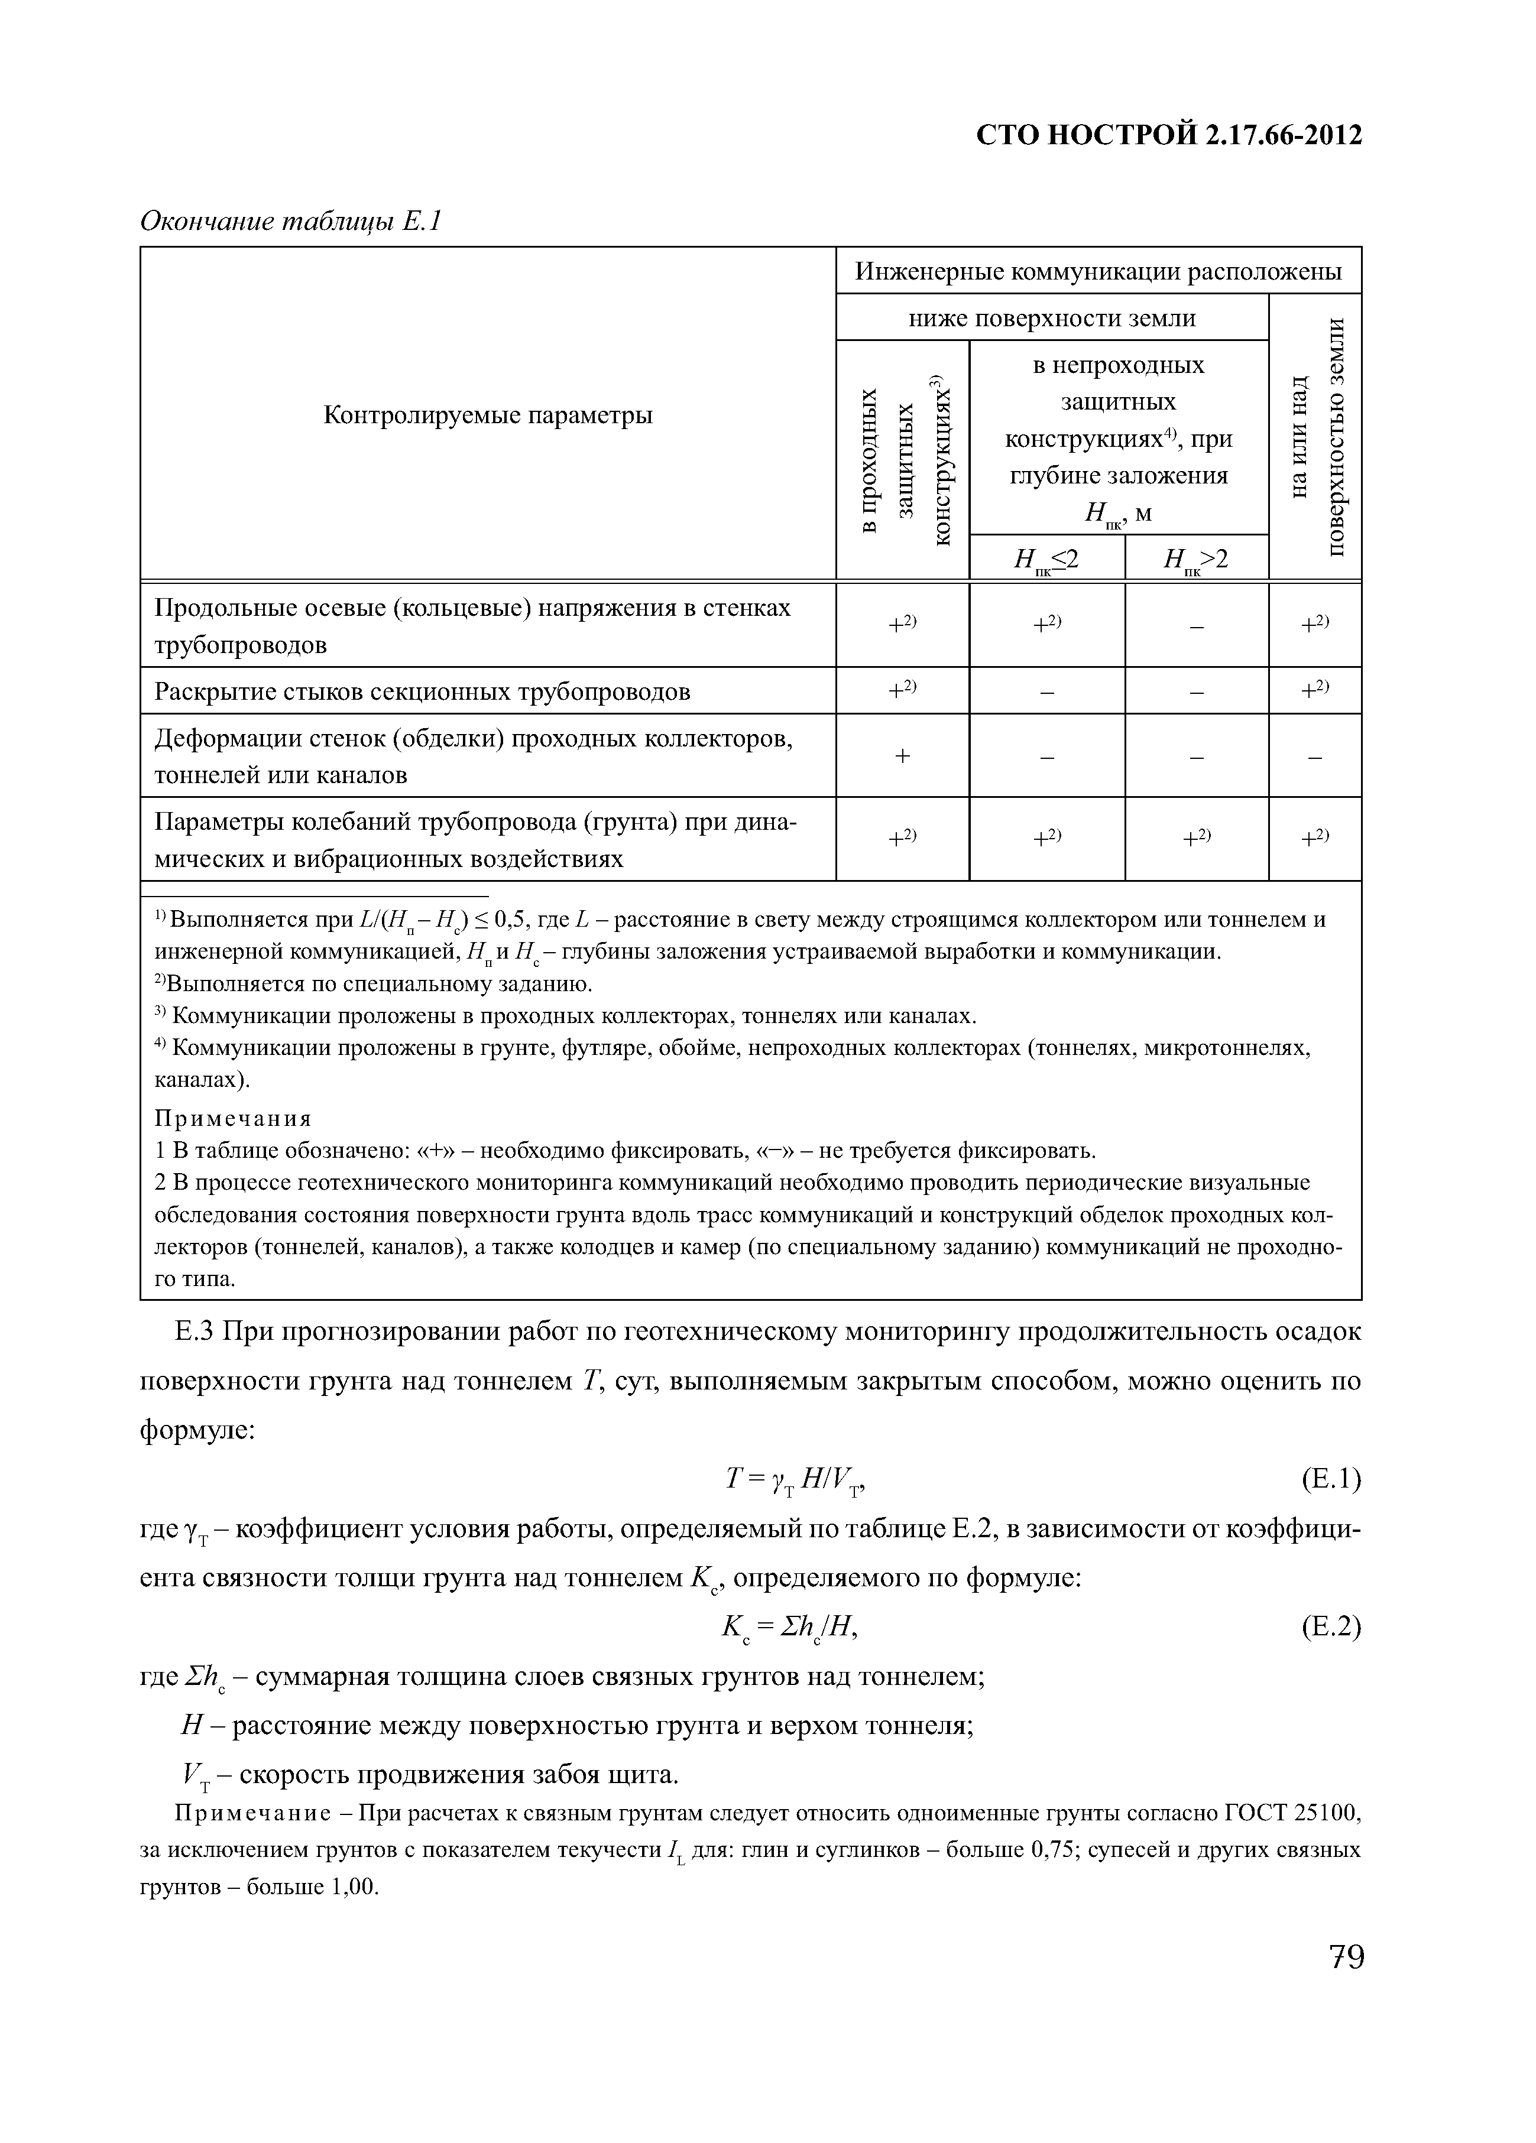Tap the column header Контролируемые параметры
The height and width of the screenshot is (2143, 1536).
click(x=488, y=415)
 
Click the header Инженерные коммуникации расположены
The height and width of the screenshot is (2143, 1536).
click(x=1098, y=272)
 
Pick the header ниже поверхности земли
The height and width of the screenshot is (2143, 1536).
click(x=1052, y=319)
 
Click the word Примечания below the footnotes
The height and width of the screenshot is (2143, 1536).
click(x=232, y=1119)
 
